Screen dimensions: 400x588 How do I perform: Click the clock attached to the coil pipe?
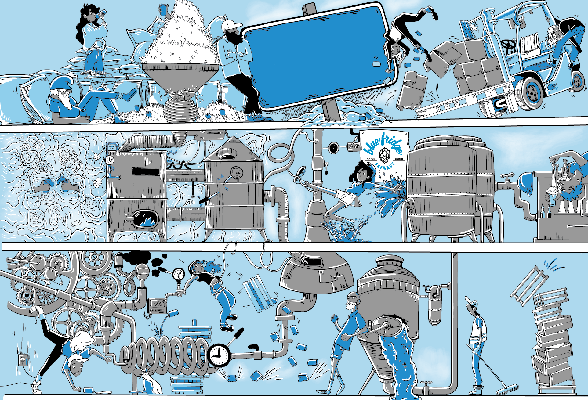pyautogui.click(x=219, y=355)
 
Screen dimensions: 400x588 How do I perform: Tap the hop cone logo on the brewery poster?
pyautogui.click(x=384, y=155)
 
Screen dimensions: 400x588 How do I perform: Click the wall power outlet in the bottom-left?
pyautogui.click(x=23, y=359)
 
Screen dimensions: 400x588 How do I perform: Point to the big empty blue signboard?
pyautogui.click(x=318, y=56)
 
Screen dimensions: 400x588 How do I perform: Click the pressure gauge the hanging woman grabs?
pyautogui.click(x=178, y=274)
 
